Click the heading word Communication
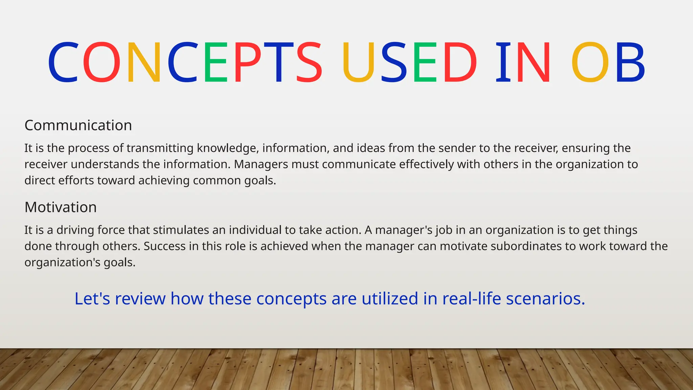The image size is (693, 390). [x=78, y=126]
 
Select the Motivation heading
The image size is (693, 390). [x=61, y=207]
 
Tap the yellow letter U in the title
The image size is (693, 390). [x=358, y=62]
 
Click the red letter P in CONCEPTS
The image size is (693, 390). [x=247, y=62]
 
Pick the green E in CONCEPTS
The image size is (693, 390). [x=215, y=62]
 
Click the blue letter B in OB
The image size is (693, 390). [x=630, y=62]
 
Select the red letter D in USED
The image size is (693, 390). [x=460, y=62]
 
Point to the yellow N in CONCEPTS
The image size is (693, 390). [x=144, y=62]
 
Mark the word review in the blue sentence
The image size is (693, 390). [x=140, y=299]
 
